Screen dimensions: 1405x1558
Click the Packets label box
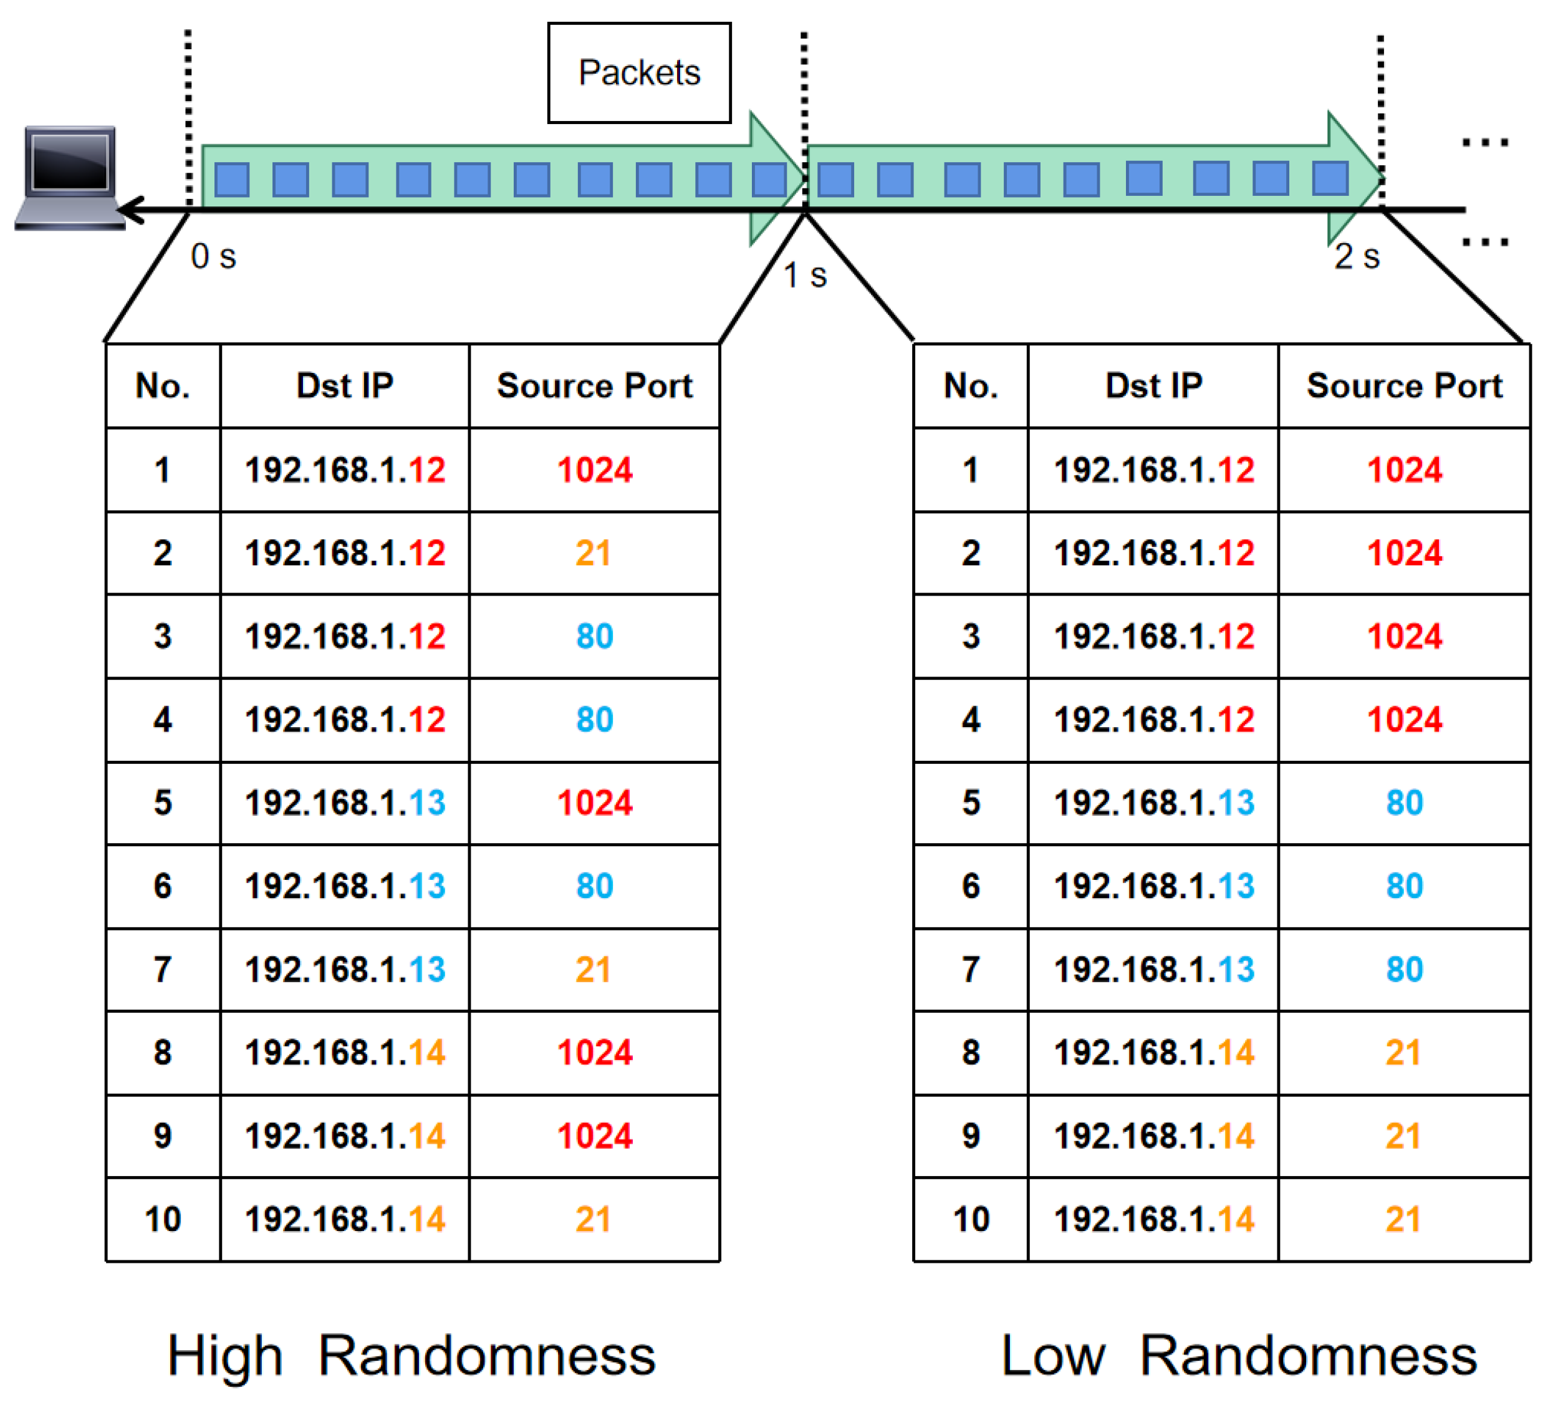coord(638,72)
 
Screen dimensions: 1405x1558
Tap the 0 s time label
coord(213,256)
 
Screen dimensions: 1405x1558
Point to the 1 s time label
coord(804,276)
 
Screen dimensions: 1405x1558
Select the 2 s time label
coord(1356,256)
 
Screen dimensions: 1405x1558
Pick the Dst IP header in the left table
coord(344,385)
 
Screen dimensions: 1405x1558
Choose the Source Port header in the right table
coord(1403,385)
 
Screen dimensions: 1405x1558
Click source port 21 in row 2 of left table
coord(593,553)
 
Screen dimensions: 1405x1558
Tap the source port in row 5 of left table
coord(594,802)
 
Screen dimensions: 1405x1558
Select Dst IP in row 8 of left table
coord(344,1051)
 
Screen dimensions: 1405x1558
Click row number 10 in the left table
coord(162,1219)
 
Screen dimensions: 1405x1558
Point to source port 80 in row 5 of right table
coord(1403,802)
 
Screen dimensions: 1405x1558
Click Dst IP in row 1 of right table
coord(1153,470)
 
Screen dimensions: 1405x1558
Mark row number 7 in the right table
coord(970,969)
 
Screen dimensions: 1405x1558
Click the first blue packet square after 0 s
coord(231,180)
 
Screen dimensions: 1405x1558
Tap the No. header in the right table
coord(970,385)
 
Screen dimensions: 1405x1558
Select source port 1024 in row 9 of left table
coord(594,1136)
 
